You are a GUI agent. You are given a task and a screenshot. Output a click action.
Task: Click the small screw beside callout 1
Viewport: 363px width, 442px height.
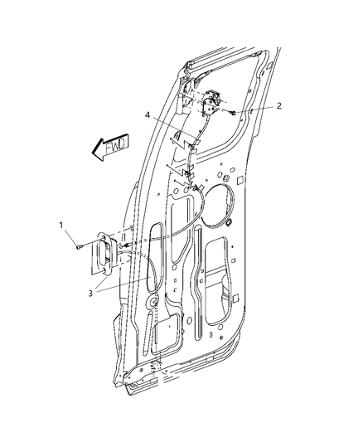(78, 245)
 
